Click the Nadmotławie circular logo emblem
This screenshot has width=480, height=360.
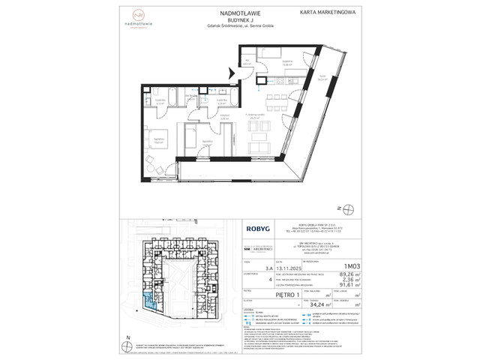[x=159, y=15]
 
